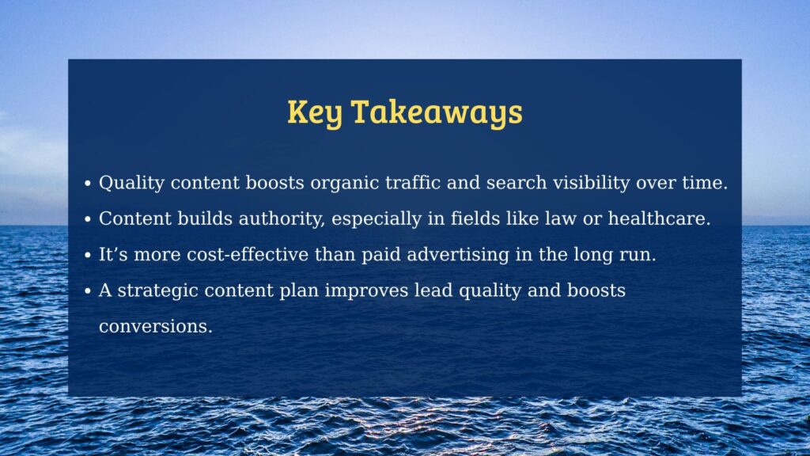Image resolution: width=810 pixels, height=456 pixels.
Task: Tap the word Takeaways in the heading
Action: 437,113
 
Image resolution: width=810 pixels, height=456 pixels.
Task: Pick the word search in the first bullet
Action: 516,183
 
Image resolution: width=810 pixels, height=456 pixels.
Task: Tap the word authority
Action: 282,219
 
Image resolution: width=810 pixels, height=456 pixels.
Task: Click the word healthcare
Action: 659,218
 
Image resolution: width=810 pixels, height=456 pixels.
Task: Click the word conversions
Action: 156,326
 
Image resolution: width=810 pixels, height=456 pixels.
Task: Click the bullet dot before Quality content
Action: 87,184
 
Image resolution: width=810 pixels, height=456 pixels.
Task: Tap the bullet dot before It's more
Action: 87,256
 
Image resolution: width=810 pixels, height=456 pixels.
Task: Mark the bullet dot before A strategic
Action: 87,291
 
